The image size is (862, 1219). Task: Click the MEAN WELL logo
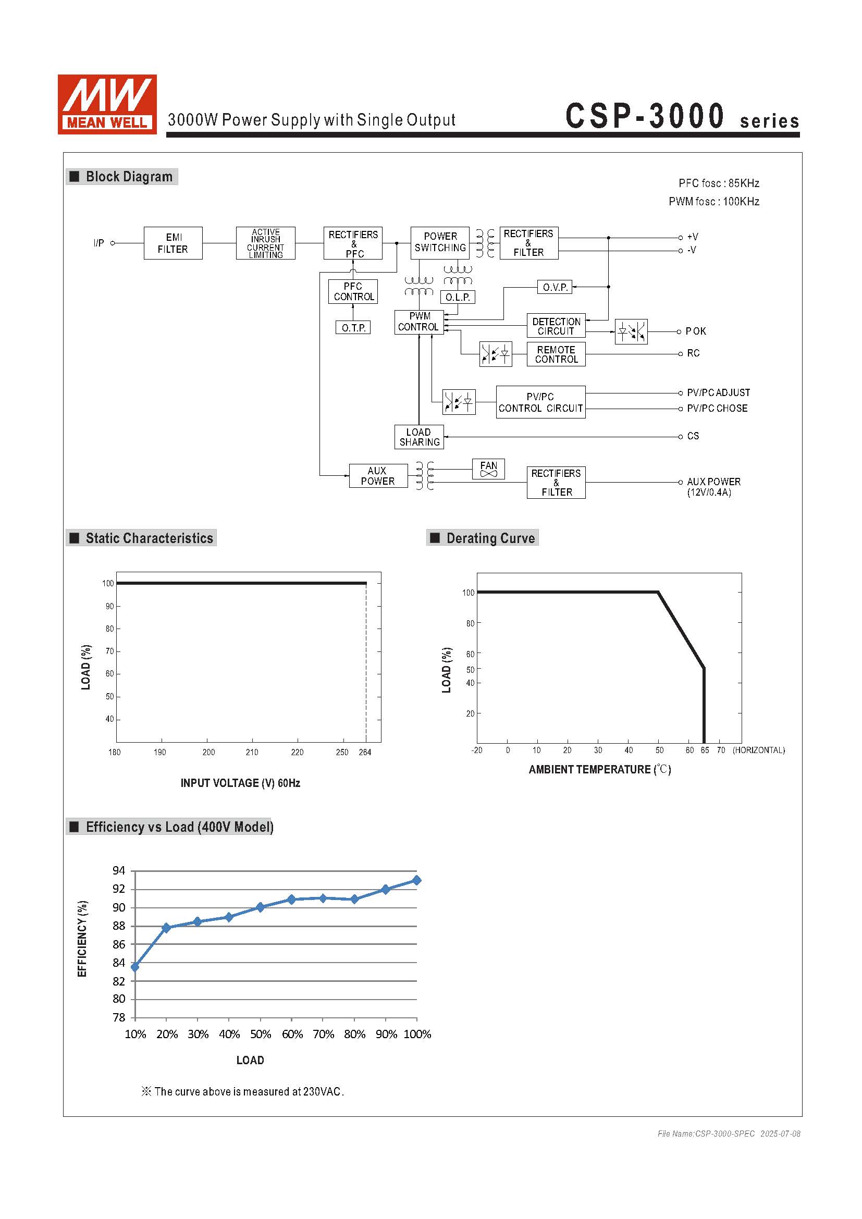(107, 104)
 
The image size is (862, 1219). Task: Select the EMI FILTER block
(173, 243)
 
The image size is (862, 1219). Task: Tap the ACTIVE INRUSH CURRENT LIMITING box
(265, 243)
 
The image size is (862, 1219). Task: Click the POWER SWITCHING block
(439, 243)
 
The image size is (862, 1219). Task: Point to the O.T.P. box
(353, 328)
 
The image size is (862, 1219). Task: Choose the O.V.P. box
(555, 287)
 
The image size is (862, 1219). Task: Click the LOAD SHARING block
(419, 437)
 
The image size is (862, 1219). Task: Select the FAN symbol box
(488, 469)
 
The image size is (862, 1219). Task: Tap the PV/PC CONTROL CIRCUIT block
(540, 402)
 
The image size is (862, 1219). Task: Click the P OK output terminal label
(695, 331)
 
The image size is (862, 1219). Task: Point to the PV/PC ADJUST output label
(718, 393)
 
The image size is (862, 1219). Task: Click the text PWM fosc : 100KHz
(713, 202)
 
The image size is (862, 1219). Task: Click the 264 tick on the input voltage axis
(365, 753)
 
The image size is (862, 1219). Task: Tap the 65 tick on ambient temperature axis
(705, 750)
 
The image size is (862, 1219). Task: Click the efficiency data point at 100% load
(417, 880)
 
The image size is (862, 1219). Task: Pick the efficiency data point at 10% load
(135, 967)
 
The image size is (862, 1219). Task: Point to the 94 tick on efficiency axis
(119, 871)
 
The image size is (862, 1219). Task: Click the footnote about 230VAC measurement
(242, 1092)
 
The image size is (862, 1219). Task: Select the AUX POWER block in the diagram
(378, 476)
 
